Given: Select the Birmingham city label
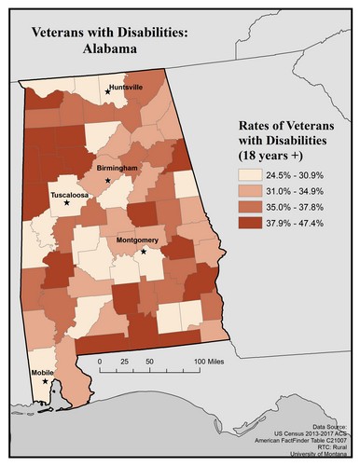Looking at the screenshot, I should tap(117, 168).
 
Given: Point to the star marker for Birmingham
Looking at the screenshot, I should tap(107, 180).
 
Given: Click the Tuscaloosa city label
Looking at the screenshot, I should tap(68, 197).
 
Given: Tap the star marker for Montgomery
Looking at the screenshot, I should tap(143, 251).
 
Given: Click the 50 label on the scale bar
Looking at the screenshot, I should tap(149, 360).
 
